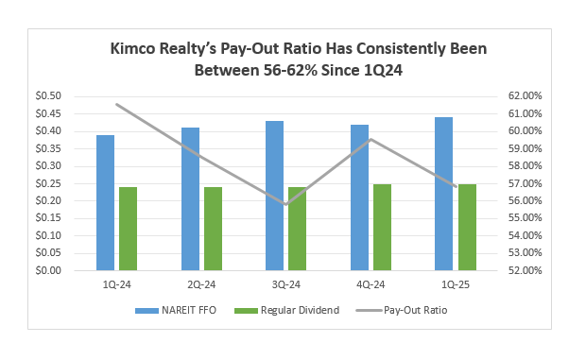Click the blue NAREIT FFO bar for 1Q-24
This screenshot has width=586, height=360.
coord(105,202)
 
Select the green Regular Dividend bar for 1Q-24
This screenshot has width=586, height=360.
coord(128,229)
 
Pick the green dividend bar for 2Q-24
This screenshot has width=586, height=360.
coord(213,229)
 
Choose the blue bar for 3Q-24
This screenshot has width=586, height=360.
coord(274,196)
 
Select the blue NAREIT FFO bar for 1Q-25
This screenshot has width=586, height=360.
coord(443,194)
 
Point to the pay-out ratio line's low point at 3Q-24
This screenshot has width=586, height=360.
coord(286,203)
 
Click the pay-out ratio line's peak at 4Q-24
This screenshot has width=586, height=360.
coord(371,140)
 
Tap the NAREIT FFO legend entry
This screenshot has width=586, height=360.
coord(169,310)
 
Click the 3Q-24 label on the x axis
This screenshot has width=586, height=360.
coord(286,284)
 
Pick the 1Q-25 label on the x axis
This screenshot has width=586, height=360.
coord(455,284)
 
